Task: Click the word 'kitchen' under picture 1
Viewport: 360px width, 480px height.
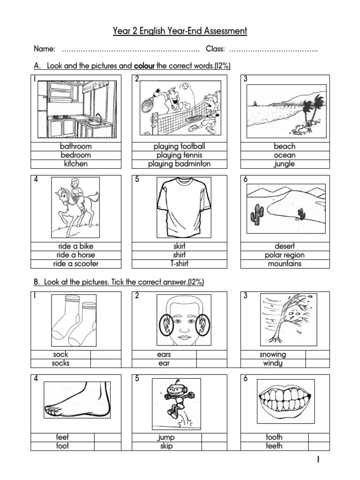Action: [x=76, y=164]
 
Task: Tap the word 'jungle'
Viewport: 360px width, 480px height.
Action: [x=285, y=164]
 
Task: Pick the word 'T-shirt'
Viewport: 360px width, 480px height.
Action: [x=179, y=263]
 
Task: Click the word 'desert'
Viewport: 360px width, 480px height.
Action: [x=285, y=246]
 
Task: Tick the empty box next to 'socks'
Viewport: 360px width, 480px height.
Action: [x=105, y=363]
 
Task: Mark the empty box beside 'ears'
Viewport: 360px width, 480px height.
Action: [x=211, y=355]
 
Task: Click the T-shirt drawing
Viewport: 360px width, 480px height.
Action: [x=179, y=206]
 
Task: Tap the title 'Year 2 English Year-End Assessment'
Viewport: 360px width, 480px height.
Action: [x=180, y=31]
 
